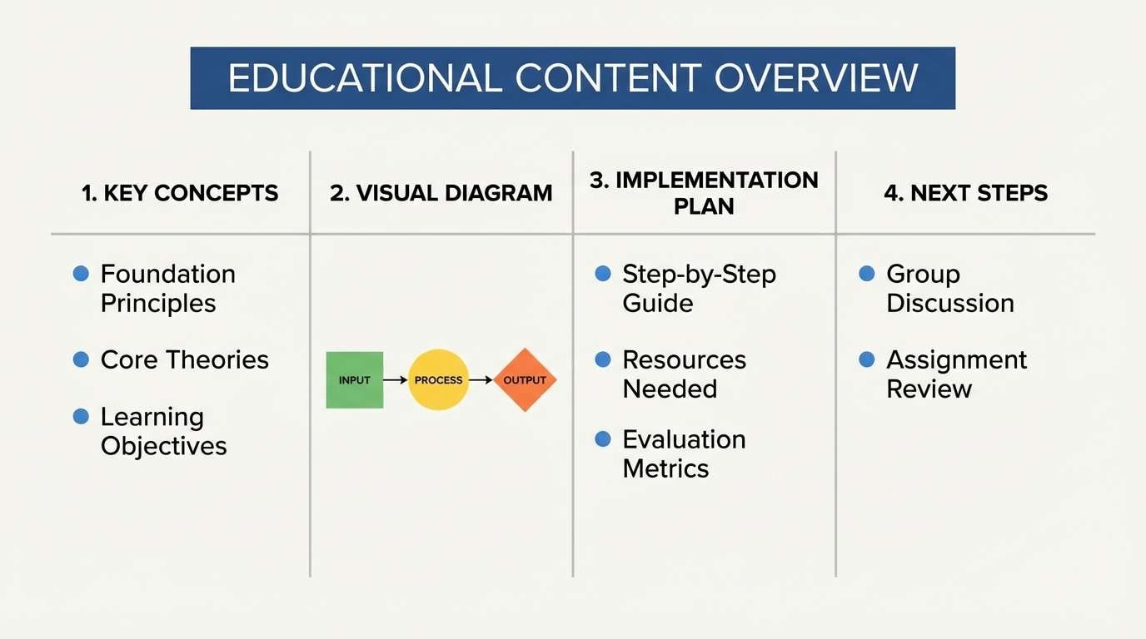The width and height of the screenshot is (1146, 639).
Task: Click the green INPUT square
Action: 355,380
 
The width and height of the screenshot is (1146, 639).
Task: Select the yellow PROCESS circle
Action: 438,380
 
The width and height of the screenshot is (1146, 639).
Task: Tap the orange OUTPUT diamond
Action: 525,380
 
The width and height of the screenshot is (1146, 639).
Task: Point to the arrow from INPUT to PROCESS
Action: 396,380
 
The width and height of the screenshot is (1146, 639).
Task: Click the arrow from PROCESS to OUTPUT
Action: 481,380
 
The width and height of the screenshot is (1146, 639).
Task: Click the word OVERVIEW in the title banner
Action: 816,78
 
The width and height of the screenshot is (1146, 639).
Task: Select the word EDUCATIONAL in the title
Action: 365,78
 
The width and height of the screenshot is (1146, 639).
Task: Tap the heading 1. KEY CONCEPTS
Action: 180,193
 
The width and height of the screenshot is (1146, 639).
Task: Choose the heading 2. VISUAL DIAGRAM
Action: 441,193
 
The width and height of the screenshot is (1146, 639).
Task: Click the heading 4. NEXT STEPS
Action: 966,193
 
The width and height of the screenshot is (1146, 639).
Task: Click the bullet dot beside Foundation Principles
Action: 81,273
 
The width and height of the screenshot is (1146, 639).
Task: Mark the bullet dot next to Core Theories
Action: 81,359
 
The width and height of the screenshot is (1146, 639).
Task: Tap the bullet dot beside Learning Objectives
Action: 81,416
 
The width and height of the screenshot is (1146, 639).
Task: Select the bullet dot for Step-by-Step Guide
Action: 603,273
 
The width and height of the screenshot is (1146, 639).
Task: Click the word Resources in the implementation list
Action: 684,359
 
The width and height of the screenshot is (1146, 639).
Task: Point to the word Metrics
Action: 665,468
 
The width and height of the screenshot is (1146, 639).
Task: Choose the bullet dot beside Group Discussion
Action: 867,273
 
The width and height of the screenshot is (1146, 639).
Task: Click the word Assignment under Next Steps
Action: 956,359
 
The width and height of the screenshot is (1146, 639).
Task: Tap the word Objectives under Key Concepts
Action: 163,446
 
